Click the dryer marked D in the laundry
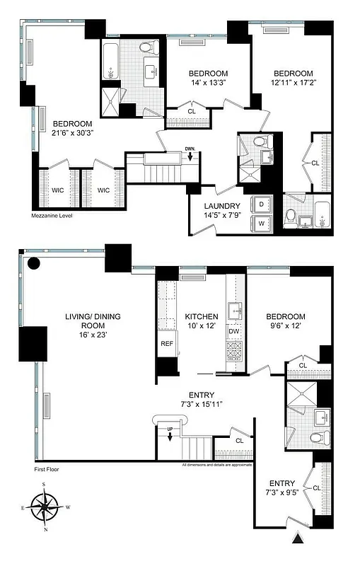pos(262,204)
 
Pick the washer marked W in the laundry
pos(262,223)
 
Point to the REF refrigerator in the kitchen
pos(167,343)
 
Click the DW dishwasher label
pos(234,331)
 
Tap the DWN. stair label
pos(190,149)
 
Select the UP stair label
pos(170,429)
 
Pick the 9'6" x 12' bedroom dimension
pos(285,328)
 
